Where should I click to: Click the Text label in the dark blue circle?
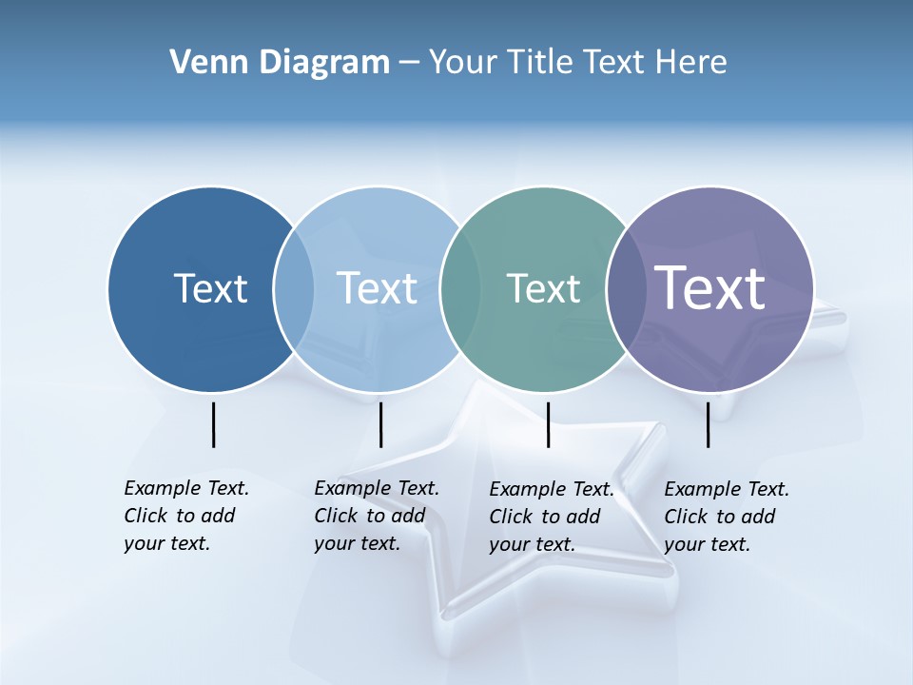[x=210, y=288]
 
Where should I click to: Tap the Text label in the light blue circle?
[x=378, y=288]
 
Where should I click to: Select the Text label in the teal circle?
[x=543, y=288]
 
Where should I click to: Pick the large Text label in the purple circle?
[x=710, y=287]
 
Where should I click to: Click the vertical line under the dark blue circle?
[x=213, y=424]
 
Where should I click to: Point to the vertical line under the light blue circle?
[x=380, y=424]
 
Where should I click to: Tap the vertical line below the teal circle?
[x=548, y=424]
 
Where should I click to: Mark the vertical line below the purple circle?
[x=709, y=424]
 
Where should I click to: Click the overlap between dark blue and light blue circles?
[x=294, y=288]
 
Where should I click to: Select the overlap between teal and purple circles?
[x=623, y=288]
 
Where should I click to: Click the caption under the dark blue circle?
[x=186, y=516]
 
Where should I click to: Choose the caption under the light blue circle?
[x=377, y=516]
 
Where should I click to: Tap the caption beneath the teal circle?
[x=552, y=517]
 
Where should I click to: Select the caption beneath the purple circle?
[x=727, y=517]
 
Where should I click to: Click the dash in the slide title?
[x=409, y=64]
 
